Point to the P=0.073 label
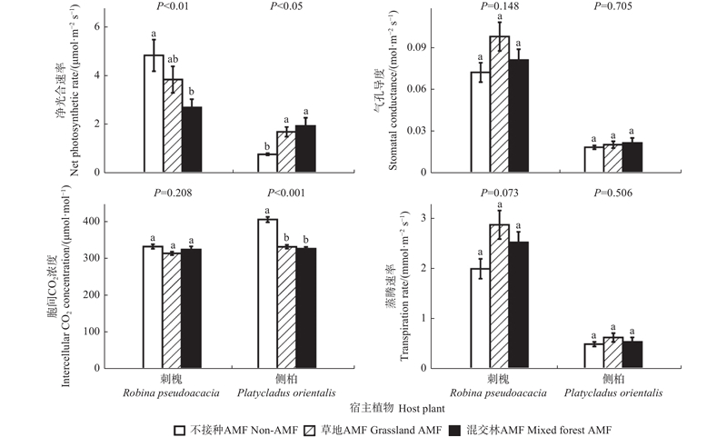[500, 194]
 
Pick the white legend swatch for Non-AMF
[180, 425]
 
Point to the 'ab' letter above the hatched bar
[173, 60]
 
